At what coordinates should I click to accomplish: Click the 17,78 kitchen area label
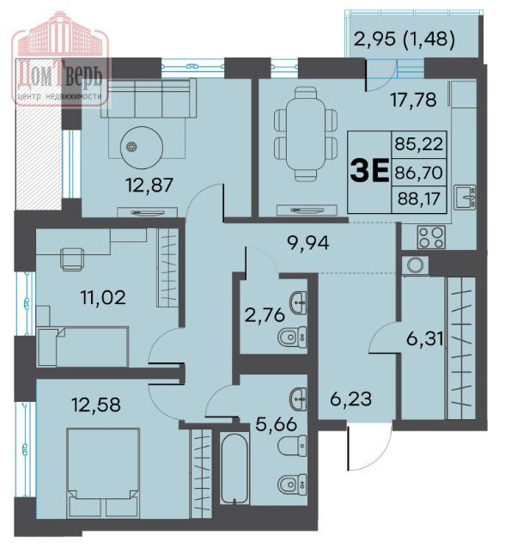[413, 100]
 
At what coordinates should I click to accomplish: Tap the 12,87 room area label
[149, 186]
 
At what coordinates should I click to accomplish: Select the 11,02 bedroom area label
[103, 298]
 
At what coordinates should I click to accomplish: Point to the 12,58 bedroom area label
[96, 405]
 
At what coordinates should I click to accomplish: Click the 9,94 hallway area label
[307, 243]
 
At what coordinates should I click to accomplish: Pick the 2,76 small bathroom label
[265, 315]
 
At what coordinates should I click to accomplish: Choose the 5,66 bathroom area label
[276, 424]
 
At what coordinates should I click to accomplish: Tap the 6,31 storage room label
[425, 338]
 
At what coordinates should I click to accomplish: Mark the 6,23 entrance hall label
[350, 399]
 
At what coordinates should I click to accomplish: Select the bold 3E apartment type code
[369, 171]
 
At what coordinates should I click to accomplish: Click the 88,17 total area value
[418, 199]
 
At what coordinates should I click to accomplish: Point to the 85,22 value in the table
[419, 143]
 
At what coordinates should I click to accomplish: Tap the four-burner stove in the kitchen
[431, 237]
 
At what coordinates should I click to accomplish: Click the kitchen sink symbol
[465, 197]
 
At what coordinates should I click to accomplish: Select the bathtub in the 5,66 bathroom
[234, 467]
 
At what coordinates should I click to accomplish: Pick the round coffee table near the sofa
[142, 147]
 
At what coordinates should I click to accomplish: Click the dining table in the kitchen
[306, 135]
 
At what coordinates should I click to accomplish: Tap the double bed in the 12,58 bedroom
[103, 473]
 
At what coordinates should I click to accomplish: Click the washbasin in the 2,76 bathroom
[298, 303]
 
